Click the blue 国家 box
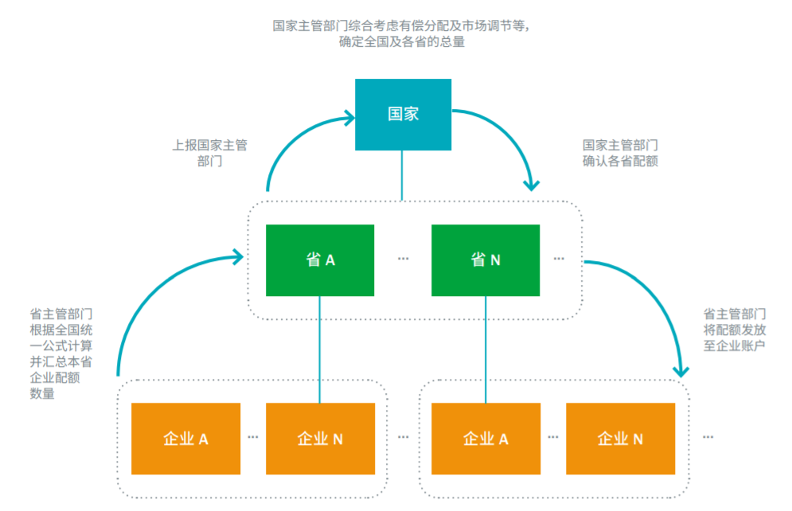point(403,114)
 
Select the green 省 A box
point(320,260)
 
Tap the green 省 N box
point(486,260)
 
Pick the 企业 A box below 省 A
point(185,439)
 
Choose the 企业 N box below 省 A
point(320,439)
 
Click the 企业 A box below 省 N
point(486,439)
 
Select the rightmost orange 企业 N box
point(620,439)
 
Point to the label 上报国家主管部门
point(210,153)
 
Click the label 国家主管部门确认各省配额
point(620,153)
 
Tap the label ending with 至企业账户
point(735,330)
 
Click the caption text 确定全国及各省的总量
point(402,42)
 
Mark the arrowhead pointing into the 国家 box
point(348,119)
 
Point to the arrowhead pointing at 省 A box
point(238,256)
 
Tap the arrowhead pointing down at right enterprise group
point(681,370)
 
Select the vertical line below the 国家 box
point(402,175)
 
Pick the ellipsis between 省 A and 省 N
point(403,259)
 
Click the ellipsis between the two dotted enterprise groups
point(403,437)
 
